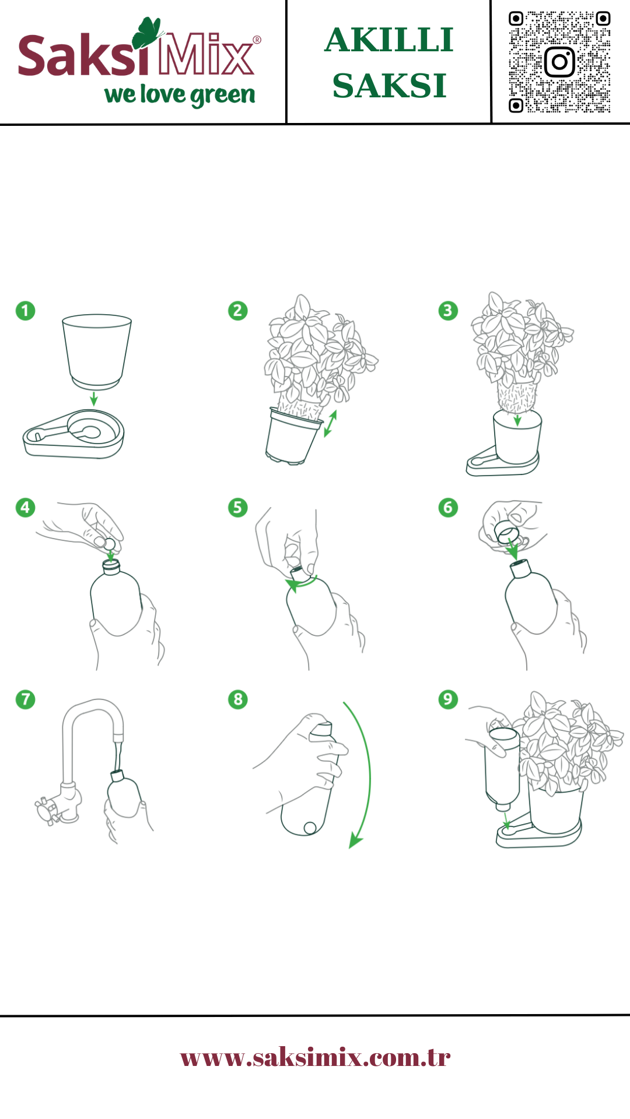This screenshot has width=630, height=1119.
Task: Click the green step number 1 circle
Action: tap(25, 311)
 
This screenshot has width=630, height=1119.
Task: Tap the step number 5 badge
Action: tap(237, 508)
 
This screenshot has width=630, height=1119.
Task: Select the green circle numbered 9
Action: tap(448, 699)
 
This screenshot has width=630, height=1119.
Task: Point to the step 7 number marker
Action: tap(25, 699)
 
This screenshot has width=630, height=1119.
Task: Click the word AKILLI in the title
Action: tap(389, 40)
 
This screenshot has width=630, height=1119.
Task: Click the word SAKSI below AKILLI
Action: tap(389, 86)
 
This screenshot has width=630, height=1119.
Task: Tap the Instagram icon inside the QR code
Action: tap(559, 62)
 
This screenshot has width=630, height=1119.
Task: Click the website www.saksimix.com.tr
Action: tap(315, 1057)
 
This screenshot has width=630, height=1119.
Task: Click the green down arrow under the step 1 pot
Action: tap(93, 399)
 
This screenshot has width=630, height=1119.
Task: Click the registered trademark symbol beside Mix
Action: tap(257, 40)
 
